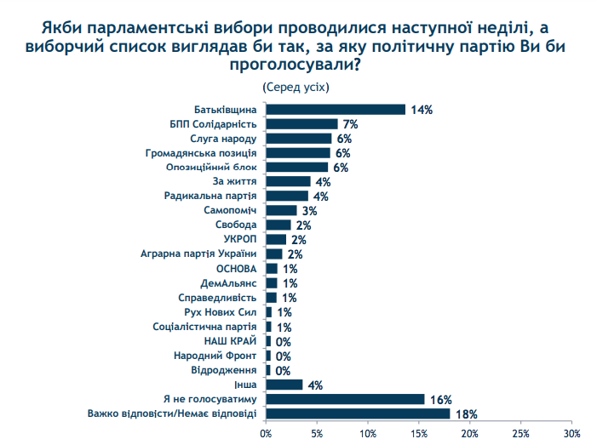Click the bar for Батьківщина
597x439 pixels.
[336, 109]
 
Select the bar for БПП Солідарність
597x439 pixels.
[301, 124]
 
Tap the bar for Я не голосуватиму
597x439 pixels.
[345, 399]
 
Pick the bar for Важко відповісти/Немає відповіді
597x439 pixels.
[358, 414]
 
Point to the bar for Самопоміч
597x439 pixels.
[281, 210]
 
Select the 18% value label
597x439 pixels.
[465, 414]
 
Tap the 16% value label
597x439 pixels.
[439, 399]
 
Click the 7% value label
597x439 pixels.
[350, 124]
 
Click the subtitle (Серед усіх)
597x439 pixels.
[296, 87]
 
